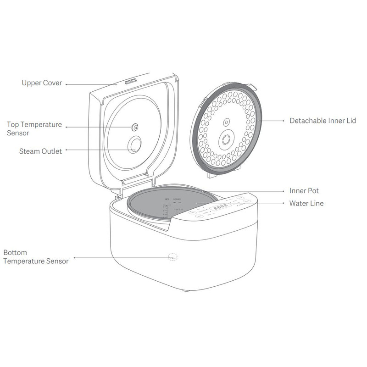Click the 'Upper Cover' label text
[41, 83]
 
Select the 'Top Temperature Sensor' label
[34, 128]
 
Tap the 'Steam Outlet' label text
[40, 151]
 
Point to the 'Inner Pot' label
[304, 190]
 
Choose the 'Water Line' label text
[306, 203]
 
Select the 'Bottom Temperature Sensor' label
[36, 257]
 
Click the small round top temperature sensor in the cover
[135, 127]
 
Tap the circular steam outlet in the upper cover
[135, 145]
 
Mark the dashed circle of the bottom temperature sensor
[172, 257]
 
